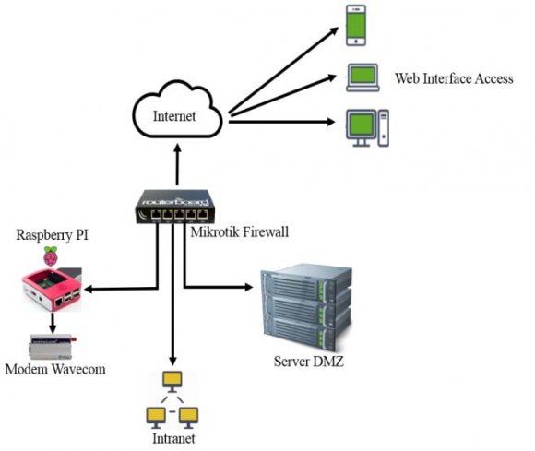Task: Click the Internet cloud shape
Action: click(175, 114)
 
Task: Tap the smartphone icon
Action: click(358, 25)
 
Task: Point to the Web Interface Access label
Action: click(453, 79)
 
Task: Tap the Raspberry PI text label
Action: click(52, 234)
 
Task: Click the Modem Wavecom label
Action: click(54, 369)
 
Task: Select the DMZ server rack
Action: click(305, 304)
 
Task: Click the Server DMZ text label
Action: click(308, 362)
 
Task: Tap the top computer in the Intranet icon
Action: click(171, 380)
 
